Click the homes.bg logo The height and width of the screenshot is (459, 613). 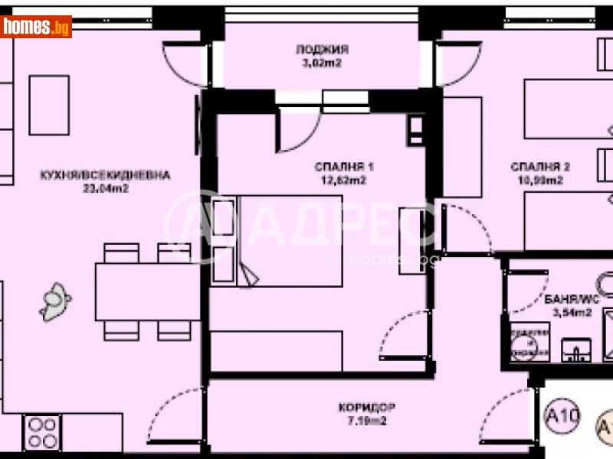36,27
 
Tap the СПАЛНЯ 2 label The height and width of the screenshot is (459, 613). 541,168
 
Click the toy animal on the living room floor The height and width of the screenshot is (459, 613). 55,301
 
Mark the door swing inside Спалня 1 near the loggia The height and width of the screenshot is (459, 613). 291,130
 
